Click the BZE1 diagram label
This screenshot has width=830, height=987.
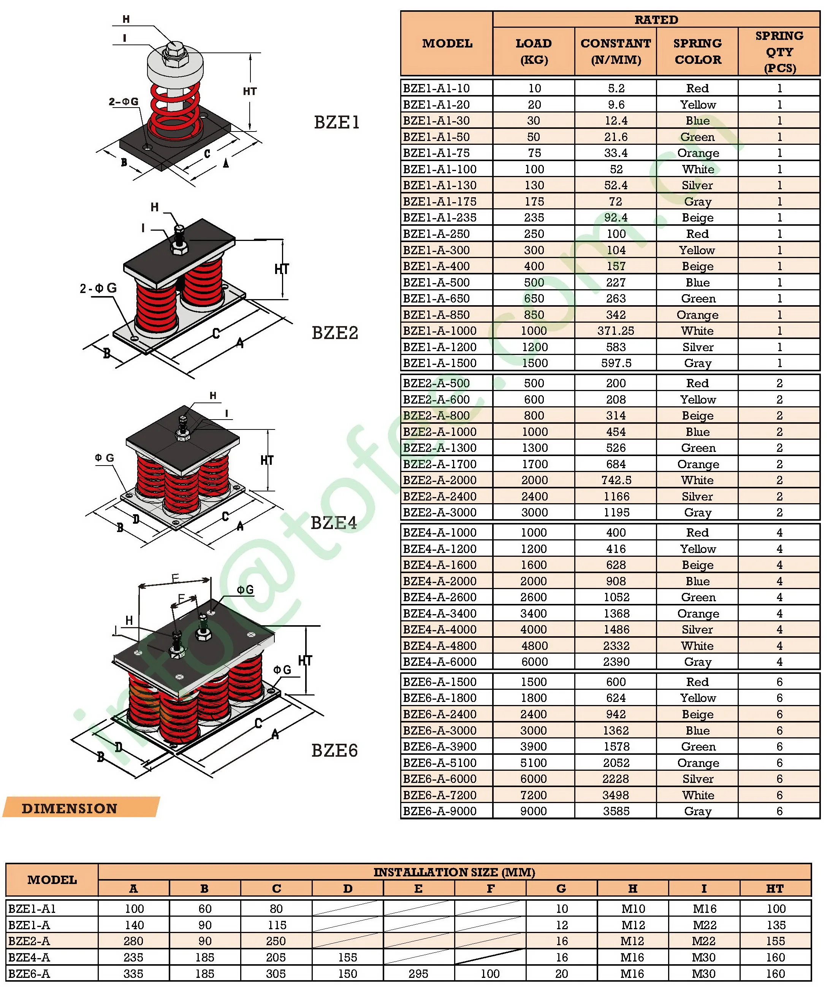336,122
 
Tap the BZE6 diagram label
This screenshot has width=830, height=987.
334,750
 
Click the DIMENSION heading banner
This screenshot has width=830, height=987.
70,808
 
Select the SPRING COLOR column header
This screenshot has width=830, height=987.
697,51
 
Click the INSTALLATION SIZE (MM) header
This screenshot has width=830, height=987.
454,872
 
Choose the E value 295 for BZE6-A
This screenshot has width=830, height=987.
418,973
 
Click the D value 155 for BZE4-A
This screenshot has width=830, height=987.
347,957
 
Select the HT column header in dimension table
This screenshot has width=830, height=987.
775,888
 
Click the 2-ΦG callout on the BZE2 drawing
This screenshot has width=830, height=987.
98,288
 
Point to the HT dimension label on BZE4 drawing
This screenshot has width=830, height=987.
267,460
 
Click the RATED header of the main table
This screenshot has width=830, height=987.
656,20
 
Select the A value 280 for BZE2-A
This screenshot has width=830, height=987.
134,941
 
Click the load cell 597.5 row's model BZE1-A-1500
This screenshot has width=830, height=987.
439,363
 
